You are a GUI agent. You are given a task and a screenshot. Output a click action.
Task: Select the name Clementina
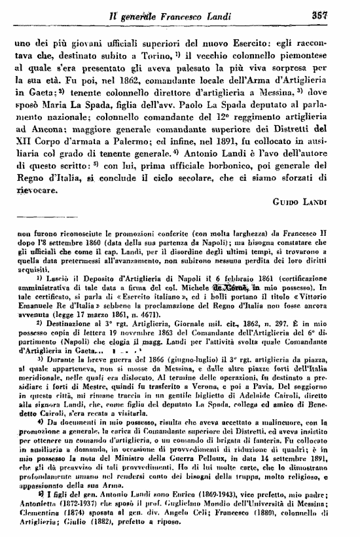[35, 515]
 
